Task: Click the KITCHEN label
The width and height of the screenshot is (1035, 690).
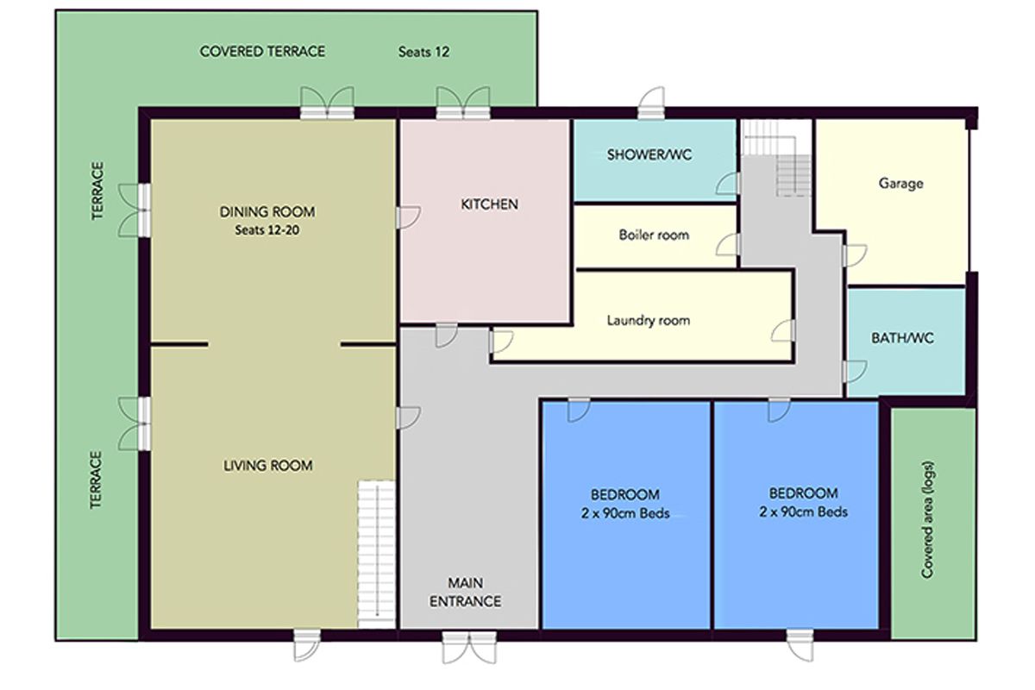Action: (489, 204)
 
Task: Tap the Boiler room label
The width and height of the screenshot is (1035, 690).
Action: (654, 235)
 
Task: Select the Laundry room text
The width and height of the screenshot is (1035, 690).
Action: (649, 320)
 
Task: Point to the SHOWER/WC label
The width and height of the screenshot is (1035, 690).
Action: (649, 154)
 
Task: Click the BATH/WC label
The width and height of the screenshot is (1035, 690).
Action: (902, 338)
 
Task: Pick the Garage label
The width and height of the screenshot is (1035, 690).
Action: (900, 184)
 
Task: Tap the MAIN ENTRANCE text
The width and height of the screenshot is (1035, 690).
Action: (465, 592)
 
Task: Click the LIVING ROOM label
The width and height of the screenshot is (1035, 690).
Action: (268, 466)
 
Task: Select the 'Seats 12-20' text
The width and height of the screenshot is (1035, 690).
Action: (267, 229)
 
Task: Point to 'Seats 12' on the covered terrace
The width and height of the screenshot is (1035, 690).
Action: (423, 52)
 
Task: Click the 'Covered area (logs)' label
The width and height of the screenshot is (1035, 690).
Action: (927, 519)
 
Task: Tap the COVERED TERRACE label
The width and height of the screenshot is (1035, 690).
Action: (262, 51)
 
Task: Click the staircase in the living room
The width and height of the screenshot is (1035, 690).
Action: (377, 554)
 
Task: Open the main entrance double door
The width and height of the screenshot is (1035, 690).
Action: (469, 647)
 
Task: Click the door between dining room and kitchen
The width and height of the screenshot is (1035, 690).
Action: (408, 217)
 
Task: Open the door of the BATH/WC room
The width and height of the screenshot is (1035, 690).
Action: (855, 372)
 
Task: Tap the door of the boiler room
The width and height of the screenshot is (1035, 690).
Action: (729, 245)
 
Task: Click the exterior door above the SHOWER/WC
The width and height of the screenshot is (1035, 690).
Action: (651, 103)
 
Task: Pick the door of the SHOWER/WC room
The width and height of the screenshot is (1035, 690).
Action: (728, 183)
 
